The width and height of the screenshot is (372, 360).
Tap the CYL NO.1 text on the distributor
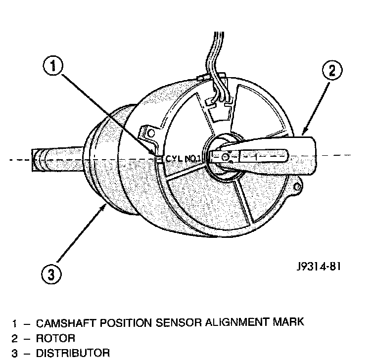182,159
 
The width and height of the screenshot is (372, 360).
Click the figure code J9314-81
317,267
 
